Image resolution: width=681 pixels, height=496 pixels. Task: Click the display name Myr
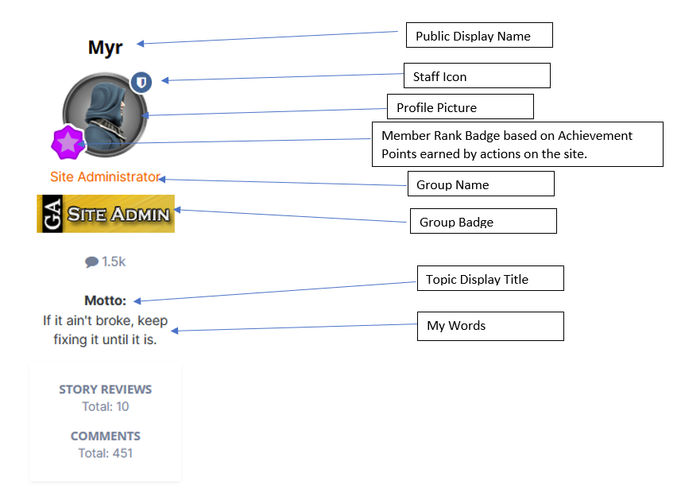click(105, 48)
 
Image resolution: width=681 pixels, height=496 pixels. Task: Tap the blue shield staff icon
click(141, 82)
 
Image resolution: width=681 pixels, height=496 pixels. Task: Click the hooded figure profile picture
click(105, 114)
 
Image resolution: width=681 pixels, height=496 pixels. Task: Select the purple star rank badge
click(68, 142)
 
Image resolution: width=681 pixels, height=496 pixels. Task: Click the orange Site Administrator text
click(105, 176)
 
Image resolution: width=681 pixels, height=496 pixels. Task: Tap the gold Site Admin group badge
click(106, 214)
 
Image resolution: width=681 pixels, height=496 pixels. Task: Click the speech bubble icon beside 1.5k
click(91, 262)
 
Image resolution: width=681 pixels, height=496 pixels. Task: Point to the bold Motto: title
click(105, 300)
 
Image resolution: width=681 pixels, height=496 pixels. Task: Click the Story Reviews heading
click(106, 389)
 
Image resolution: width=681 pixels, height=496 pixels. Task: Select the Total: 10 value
click(106, 406)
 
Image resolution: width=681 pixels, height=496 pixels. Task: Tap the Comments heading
click(106, 436)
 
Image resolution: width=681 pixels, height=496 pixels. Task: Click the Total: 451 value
click(106, 453)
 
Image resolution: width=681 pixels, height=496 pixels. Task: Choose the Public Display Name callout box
click(479, 35)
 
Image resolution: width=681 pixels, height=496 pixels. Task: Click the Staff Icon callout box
click(477, 76)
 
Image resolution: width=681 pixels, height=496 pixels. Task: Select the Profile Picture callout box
click(460, 107)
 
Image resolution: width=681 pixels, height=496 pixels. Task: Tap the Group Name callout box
click(481, 184)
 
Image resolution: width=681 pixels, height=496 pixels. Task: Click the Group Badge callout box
click(483, 221)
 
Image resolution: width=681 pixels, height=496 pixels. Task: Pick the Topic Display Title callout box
click(490, 278)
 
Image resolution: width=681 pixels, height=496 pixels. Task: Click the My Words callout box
click(490, 326)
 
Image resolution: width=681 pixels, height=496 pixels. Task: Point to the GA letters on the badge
click(52, 214)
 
